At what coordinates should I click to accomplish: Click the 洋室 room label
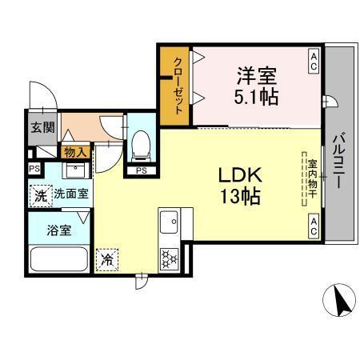point(257,77)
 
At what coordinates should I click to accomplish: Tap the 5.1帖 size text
point(257,99)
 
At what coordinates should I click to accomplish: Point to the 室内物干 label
point(313,179)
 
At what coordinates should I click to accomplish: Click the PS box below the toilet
point(141,170)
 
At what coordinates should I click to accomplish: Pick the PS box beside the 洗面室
point(34,170)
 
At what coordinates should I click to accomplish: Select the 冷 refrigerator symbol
point(107,258)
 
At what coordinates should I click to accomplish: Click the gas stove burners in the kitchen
point(170,258)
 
